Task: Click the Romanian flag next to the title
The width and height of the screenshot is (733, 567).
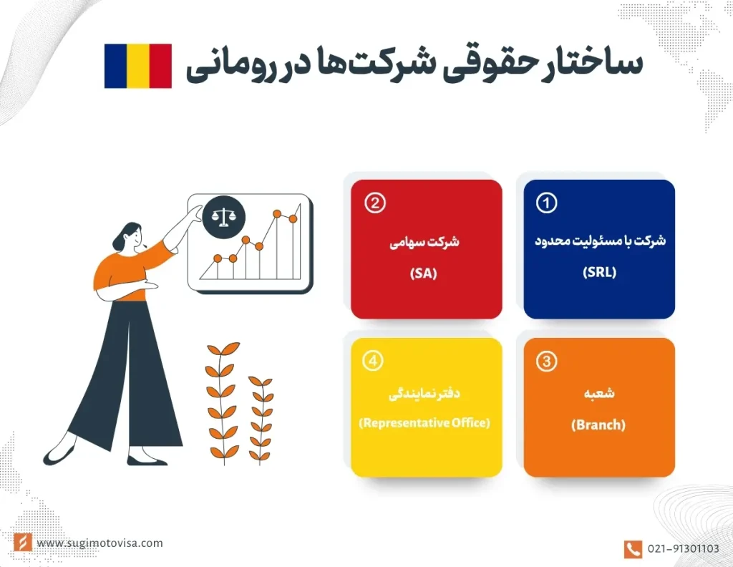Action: click(x=137, y=66)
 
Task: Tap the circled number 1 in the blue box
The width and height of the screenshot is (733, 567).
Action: click(x=546, y=203)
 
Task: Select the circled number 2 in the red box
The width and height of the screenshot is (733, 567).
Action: click(x=374, y=203)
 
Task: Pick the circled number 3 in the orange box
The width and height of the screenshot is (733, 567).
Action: click(x=546, y=362)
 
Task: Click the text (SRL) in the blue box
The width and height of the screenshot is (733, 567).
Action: click(x=599, y=273)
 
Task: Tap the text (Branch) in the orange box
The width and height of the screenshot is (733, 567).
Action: click(x=598, y=425)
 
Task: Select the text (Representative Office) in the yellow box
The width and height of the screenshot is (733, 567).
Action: click(x=425, y=423)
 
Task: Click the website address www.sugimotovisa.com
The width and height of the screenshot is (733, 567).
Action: click(x=99, y=543)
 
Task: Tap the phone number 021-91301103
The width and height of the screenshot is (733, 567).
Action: click(x=683, y=549)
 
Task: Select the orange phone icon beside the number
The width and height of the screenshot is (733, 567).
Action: click(x=633, y=549)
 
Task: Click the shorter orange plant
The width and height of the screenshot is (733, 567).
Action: click(x=261, y=418)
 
